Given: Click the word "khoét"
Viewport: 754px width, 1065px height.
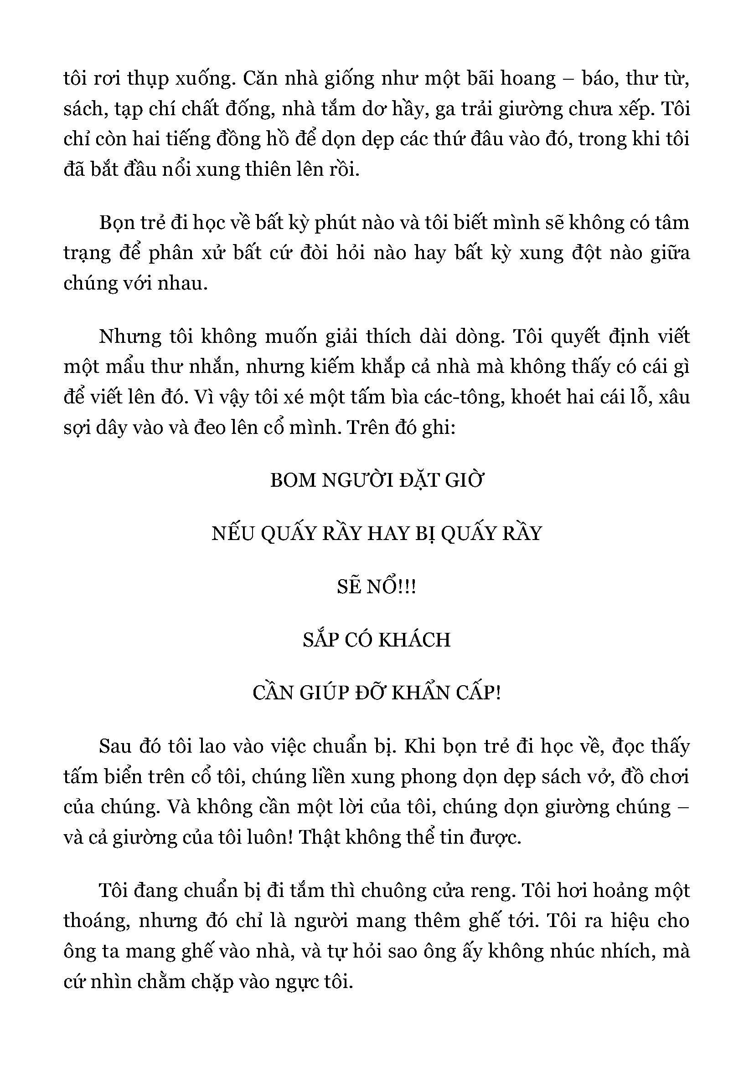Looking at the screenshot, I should [x=539, y=397].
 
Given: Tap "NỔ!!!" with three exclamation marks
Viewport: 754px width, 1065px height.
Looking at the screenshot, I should [x=391, y=587].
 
